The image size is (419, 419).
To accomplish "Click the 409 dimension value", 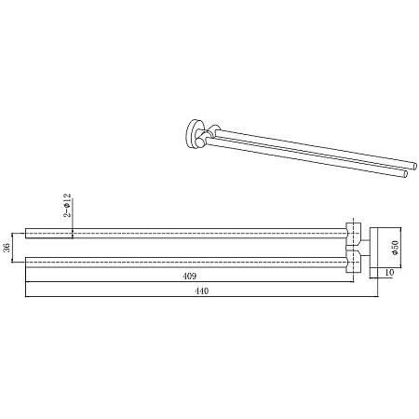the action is point(190,276).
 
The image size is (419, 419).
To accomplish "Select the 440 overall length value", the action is point(201,291).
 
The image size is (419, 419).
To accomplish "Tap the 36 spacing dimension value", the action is point(7,248).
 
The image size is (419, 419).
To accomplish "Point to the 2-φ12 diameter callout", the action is point(67,205).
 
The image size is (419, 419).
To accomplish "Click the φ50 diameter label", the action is point(396,248).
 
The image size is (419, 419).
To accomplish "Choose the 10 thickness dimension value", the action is point(389,273).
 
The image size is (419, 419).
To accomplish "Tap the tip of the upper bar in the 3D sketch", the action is point(414,166).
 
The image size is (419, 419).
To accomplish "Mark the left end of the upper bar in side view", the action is point(25,233).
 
